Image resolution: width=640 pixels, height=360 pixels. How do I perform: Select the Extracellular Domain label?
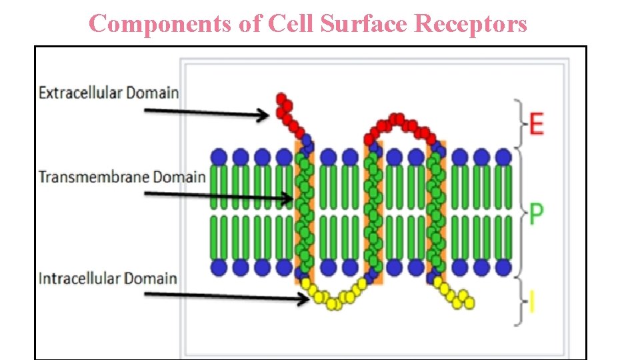click(109, 93)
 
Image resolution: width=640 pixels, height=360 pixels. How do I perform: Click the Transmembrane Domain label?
click(122, 177)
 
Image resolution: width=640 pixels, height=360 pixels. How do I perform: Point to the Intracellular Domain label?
click(108, 277)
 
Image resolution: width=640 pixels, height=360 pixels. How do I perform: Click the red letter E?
click(536, 123)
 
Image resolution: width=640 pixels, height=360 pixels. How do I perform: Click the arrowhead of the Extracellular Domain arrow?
click(265, 115)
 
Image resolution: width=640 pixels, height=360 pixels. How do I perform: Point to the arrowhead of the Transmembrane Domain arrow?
click(288, 197)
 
